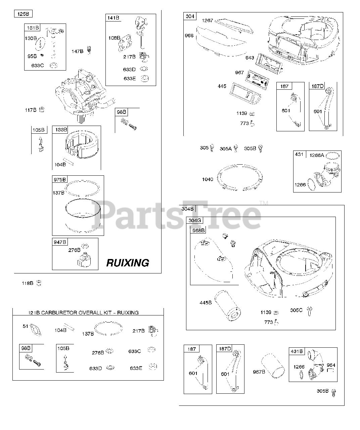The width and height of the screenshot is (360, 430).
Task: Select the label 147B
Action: coord(77,51)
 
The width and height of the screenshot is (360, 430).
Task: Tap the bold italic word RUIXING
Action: coord(128,263)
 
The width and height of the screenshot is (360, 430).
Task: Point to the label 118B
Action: coord(28,283)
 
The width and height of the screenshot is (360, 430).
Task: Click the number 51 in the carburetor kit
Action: coord(26,326)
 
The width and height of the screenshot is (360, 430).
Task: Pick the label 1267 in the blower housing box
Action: coord(207,21)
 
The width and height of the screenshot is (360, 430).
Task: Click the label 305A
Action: coord(226,148)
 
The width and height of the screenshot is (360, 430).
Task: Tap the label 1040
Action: coord(207,179)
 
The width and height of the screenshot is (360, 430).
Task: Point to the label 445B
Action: coord(206,303)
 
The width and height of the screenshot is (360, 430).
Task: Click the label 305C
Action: coord(296,310)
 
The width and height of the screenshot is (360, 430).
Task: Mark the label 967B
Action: coord(259,372)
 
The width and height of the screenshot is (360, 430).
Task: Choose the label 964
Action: coord(331,365)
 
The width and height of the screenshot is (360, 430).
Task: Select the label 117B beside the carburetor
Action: coord(30,110)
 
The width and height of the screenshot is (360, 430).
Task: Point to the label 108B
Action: coord(114,38)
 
